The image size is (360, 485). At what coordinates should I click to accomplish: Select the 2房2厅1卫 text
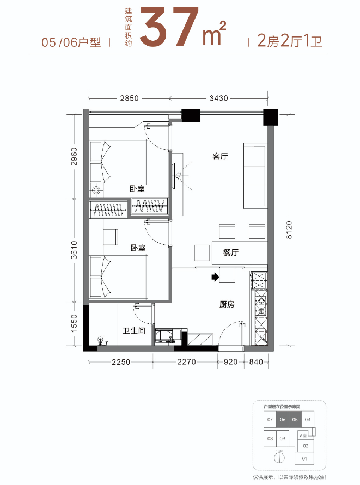pos(285,42)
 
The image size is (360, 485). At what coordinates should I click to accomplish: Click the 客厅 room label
pos(219,157)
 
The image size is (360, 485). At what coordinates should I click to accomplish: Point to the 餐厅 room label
pos(231,253)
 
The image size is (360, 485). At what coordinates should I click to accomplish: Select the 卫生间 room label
pos(133,330)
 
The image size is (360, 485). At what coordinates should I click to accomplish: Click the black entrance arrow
pos(215,278)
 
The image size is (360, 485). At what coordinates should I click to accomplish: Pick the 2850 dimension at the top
pos(130,99)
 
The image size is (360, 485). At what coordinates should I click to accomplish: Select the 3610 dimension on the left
pos(75,251)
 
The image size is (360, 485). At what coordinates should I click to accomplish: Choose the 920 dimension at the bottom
pos(231,361)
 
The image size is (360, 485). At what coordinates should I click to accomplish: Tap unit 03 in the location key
pos(307,420)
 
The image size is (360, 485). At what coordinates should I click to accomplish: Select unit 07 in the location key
pos(270,420)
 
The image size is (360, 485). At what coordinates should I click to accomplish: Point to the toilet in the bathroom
pos(100,341)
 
